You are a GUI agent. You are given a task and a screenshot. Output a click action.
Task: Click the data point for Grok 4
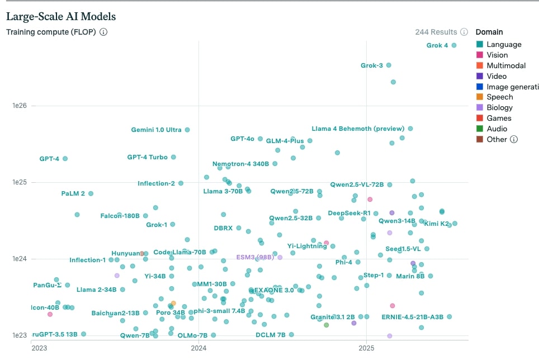[x=454, y=45]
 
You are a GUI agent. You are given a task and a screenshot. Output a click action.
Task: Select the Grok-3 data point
[x=389, y=65]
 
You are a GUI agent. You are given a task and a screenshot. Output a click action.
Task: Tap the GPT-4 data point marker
[x=65, y=159]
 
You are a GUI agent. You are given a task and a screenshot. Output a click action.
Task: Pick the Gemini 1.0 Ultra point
[x=187, y=130]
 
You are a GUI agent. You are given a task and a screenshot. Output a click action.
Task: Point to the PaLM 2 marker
[x=91, y=193]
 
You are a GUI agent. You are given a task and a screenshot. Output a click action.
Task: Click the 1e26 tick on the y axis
[x=20, y=106]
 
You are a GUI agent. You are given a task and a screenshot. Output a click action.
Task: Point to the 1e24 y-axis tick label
[x=20, y=259]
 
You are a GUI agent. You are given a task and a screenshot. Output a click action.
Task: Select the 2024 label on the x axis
[x=199, y=348]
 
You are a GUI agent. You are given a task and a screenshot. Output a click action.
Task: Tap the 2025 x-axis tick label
[x=366, y=348]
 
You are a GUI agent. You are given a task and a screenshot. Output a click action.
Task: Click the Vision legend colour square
[x=479, y=55]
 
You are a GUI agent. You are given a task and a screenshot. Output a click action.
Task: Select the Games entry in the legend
[x=499, y=118]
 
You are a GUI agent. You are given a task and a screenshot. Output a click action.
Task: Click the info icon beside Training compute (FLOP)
[x=103, y=32]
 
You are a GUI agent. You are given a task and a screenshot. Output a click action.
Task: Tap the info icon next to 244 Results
[x=464, y=32]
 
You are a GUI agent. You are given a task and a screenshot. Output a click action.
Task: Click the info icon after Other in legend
[x=514, y=139]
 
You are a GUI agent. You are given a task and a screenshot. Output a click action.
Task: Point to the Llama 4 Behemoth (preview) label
[x=357, y=129]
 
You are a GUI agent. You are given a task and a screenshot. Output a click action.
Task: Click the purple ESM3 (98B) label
[x=254, y=257]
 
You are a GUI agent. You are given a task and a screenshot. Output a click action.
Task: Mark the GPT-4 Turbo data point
[x=173, y=157]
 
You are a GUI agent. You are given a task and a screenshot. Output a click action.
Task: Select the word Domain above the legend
[x=489, y=32]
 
